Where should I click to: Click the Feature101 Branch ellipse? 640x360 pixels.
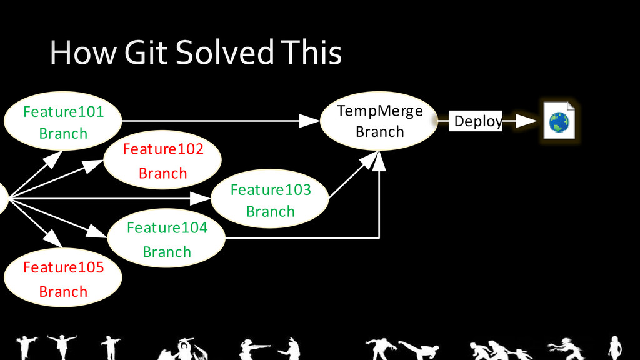(x=63, y=122)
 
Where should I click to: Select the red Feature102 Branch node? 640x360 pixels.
(x=163, y=161)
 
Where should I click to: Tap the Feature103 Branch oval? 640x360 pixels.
(x=270, y=201)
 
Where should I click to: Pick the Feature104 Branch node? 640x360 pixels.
(x=167, y=239)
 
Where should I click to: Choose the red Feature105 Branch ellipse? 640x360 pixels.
(x=63, y=279)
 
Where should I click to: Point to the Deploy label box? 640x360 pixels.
(x=477, y=121)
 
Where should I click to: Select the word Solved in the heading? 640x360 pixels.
(x=224, y=52)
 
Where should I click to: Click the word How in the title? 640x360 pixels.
(x=82, y=52)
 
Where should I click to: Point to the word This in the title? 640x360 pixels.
(x=311, y=52)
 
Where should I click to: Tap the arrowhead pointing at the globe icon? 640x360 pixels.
(x=528, y=121)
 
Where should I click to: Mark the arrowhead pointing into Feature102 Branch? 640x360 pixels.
(x=94, y=165)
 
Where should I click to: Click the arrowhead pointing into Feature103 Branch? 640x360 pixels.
(x=201, y=199)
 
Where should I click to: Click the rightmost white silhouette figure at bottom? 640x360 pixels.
(x=615, y=347)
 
